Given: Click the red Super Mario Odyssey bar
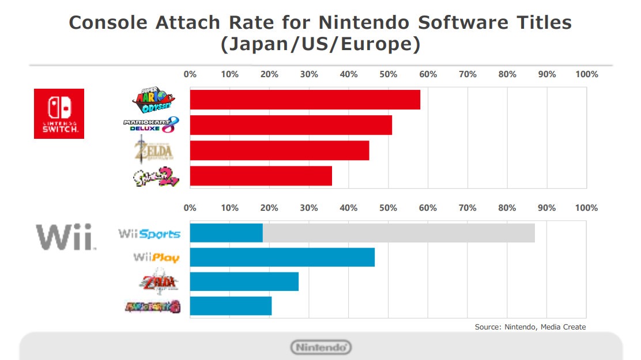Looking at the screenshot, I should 304,100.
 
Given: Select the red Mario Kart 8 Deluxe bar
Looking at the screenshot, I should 291,125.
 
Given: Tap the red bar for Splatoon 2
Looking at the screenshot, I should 261,176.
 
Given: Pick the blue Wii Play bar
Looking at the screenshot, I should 282,257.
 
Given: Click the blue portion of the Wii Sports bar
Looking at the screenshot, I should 226,233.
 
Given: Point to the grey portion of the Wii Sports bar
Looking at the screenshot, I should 398,233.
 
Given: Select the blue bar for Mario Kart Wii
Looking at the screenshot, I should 230,306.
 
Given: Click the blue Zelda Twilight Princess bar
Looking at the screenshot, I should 244,282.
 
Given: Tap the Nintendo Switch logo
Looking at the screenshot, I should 59,113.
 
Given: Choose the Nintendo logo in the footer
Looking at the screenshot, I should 321,347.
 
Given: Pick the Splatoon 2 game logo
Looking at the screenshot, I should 154,177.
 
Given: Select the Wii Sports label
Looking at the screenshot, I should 149,234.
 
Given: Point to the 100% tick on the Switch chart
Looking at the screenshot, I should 586,74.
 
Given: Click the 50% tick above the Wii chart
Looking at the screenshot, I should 388,208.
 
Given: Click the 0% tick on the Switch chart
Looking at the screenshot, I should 190,74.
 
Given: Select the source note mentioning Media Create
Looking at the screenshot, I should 530,327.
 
